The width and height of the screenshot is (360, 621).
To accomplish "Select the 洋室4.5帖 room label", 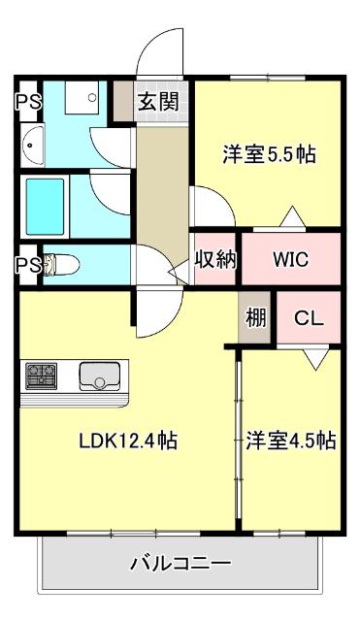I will point(290,441).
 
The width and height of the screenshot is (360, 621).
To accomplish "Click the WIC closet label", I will point(290,260).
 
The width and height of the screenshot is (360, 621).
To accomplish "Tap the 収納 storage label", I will point(216,260).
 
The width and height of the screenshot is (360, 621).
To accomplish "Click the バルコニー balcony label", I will point(180,563).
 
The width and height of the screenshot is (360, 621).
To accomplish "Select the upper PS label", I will point(26,100).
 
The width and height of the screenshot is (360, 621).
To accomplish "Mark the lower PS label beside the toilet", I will point(26,264).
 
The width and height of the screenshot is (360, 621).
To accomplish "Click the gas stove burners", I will point(42,375).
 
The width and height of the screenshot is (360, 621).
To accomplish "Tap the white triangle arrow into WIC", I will point(290,217).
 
